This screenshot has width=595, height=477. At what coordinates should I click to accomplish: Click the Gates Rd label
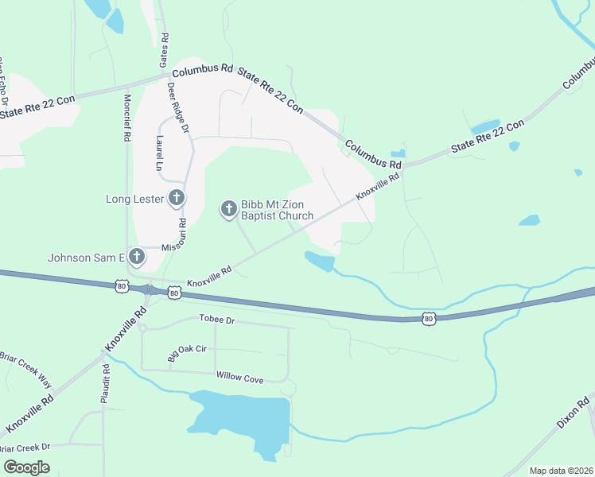[x=165, y=49]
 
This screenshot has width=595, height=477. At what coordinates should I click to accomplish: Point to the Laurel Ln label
[x=159, y=153]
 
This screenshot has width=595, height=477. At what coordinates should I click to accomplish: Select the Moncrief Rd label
[x=126, y=118]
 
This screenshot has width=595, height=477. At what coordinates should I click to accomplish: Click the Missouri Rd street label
[x=177, y=237]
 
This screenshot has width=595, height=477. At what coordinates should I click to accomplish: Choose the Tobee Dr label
[x=216, y=320]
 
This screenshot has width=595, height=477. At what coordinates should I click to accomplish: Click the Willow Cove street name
[x=239, y=379]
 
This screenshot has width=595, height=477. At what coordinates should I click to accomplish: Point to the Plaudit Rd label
[x=104, y=385]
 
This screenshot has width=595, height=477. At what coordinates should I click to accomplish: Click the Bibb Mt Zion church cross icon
[x=228, y=209]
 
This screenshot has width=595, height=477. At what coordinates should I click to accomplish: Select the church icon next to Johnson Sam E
[x=137, y=257]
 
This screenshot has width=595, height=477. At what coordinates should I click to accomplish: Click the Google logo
[x=26, y=467]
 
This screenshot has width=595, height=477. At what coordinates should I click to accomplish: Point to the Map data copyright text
[x=561, y=471]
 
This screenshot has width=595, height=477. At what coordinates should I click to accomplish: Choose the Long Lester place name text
[x=134, y=199]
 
